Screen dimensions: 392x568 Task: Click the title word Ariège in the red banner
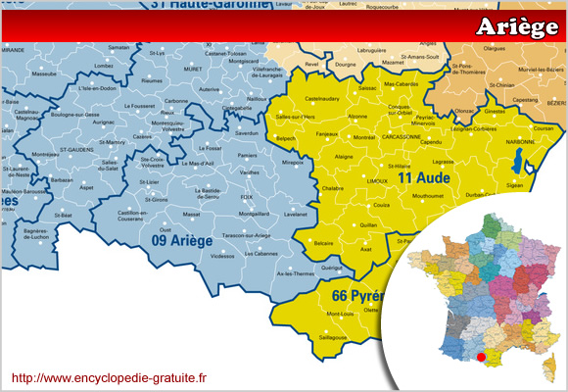(x=516, y=27)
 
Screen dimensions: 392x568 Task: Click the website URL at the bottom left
(x=109, y=376)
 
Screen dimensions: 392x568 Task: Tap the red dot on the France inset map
(x=480, y=358)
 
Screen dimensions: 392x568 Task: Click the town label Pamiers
(x=248, y=155)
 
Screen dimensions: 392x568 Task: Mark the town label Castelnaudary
(x=322, y=99)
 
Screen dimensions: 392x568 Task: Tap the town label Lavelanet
(x=295, y=213)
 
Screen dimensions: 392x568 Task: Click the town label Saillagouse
(x=331, y=336)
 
